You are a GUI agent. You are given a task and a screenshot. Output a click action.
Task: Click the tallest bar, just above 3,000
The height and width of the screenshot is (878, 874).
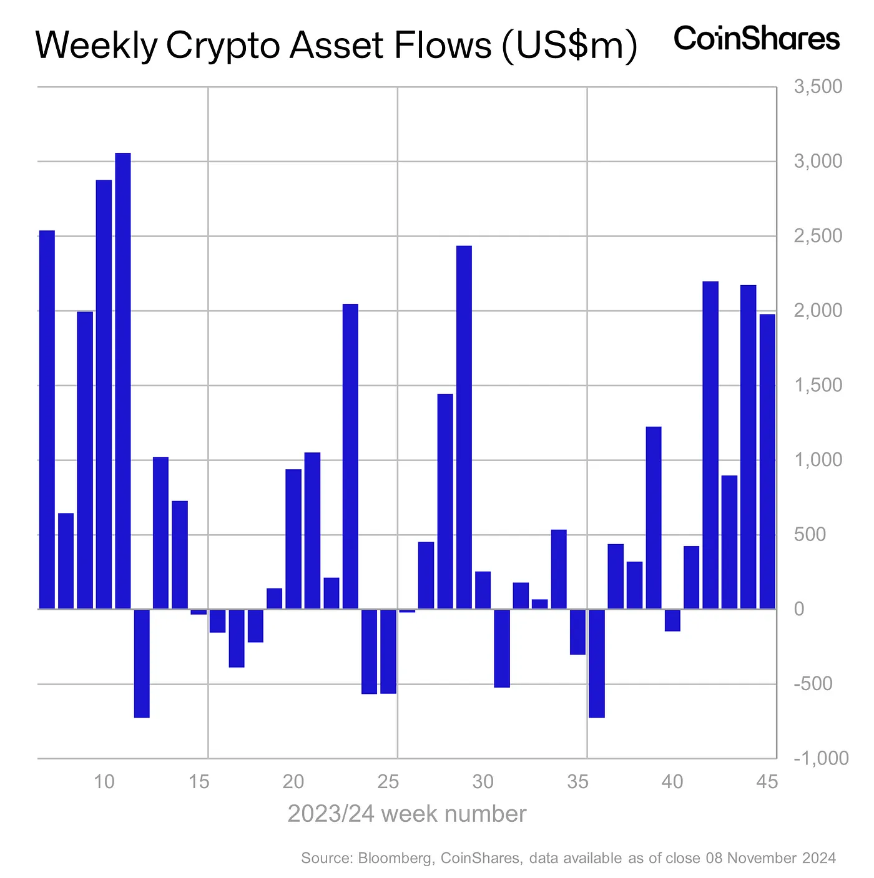click(123, 381)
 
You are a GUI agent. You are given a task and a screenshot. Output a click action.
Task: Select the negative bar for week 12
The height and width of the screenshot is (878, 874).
click(142, 663)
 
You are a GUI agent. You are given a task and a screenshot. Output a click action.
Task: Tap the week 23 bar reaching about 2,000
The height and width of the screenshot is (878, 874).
click(350, 456)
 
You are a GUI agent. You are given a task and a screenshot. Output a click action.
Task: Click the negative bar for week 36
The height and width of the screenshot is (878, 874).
click(596, 663)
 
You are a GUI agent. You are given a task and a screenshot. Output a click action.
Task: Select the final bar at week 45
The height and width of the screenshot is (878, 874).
click(767, 461)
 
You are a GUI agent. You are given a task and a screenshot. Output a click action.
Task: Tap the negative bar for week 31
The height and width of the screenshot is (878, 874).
click(502, 648)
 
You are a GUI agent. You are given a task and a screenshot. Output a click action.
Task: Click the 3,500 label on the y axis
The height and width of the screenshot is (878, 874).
click(818, 87)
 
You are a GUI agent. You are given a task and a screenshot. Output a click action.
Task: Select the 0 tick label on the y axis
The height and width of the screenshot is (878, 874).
click(799, 609)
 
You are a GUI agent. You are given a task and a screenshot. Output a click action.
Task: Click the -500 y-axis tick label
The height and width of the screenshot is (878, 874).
click(813, 684)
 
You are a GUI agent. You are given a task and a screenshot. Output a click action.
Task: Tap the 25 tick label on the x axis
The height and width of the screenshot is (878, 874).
click(388, 781)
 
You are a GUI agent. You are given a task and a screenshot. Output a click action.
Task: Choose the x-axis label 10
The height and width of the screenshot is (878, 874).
click(104, 781)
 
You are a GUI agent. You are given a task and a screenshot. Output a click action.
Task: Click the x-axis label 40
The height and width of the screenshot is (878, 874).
click(672, 781)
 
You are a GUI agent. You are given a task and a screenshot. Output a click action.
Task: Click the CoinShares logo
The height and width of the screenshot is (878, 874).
click(757, 39)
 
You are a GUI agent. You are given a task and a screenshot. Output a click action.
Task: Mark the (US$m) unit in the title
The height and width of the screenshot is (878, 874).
click(569, 47)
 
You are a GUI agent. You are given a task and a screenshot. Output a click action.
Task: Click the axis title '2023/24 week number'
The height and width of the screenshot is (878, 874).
click(406, 814)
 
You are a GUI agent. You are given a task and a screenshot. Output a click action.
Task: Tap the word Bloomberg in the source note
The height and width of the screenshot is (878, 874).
click(395, 858)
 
